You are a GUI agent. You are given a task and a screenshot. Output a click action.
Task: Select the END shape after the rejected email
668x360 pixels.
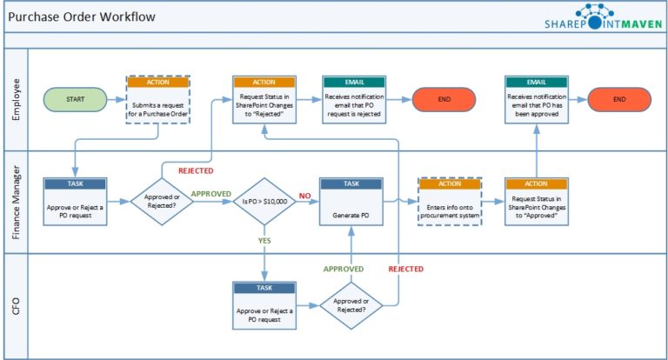444,99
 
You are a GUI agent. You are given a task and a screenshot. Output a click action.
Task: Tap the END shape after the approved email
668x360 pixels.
619,99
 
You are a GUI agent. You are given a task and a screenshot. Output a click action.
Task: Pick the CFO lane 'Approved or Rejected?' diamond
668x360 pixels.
352,305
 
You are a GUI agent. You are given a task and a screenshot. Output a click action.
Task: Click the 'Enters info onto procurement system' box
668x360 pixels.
450,203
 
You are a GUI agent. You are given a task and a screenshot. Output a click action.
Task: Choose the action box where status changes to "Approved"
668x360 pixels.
537,203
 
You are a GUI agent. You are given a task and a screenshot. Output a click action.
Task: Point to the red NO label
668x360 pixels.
304,197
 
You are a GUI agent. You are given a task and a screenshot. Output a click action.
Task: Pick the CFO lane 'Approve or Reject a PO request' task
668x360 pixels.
264,305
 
